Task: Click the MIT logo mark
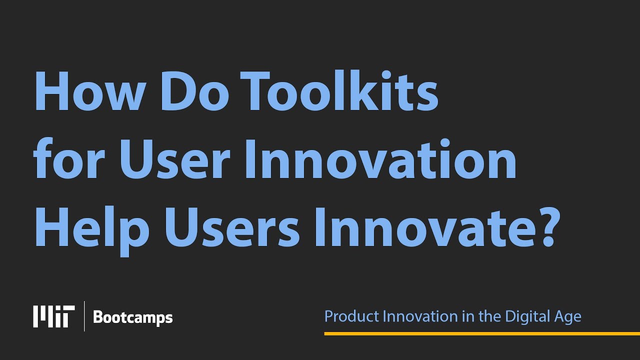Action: click(x=53, y=316)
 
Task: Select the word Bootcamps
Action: click(x=132, y=317)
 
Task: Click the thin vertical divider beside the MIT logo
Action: click(x=84, y=316)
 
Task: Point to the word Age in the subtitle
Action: click(x=569, y=317)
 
